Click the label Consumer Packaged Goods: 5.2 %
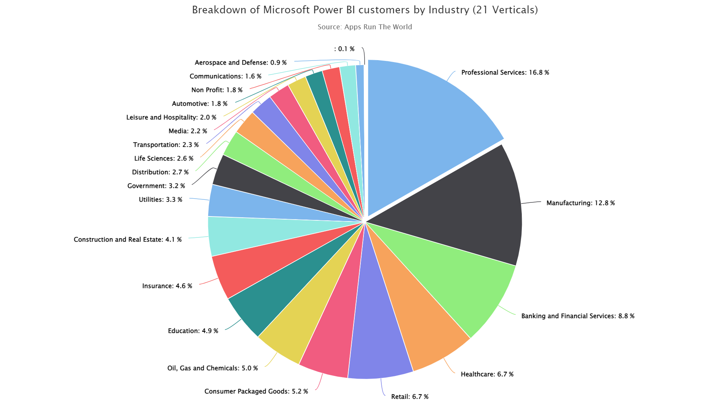point(256,391)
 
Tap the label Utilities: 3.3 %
point(160,199)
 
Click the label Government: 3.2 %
point(156,186)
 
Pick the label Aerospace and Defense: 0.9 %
point(241,62)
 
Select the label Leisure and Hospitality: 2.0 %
point(171,117)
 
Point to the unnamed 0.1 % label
point(344,49)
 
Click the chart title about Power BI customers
point(365,10)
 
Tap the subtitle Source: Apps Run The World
point(365,27)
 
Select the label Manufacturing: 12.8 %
point(580,203)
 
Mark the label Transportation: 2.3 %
point(166,145)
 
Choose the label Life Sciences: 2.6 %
point(164,158)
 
